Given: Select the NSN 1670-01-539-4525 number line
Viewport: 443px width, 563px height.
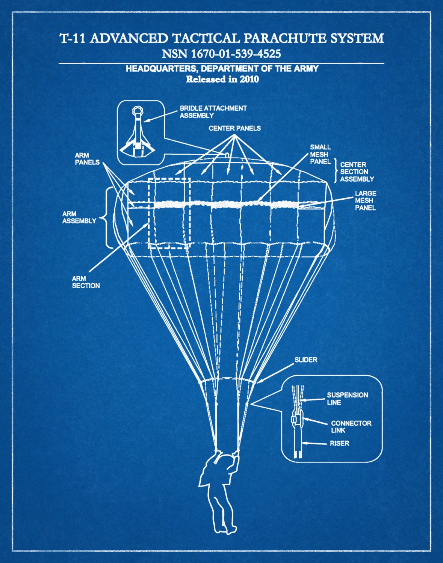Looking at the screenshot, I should (x=221, y=54).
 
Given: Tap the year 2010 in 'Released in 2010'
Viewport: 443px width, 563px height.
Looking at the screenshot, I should (x=249, y=79).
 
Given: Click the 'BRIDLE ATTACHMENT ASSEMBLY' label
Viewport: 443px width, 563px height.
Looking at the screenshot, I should (x=213, y=112).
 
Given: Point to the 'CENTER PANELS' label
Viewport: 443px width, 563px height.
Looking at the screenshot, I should (x=234, y=128).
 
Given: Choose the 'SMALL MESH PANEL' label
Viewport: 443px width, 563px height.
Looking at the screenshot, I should (x=320, y=154).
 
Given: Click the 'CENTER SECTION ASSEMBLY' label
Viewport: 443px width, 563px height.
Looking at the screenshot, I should (x=357, y=172).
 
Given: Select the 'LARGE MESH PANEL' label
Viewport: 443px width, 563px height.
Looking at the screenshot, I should (x=365, y=200).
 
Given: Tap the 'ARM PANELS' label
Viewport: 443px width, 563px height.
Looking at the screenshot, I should (x=87, y=159).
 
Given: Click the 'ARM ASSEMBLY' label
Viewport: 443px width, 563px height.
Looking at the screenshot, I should (x=79, y=217).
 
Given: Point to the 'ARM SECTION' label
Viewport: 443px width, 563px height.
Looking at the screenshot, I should (x=86, y=282).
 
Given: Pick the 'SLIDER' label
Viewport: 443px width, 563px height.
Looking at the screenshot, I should (x=305, y=360).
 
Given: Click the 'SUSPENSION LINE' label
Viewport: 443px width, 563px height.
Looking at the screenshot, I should (x=347, y=399).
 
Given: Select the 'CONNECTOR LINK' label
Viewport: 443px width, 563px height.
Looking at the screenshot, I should (x=351, y=427).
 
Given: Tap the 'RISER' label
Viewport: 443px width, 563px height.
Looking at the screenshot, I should (x=339, y=443).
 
